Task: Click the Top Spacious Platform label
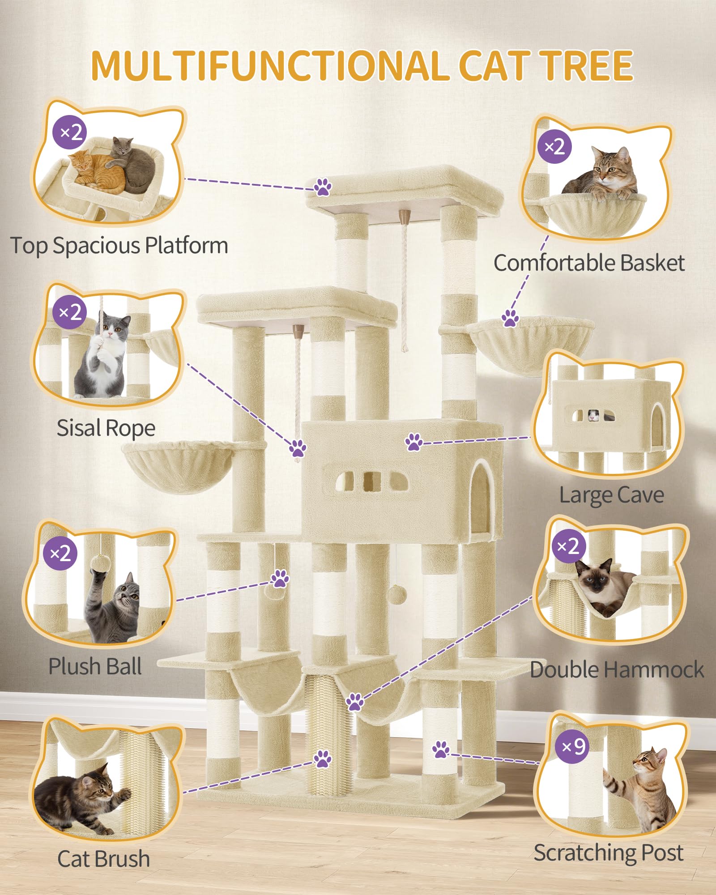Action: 119,246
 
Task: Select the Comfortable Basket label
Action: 589,263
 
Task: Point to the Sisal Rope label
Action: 106,428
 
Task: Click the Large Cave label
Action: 612,495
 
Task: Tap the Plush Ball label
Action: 95,666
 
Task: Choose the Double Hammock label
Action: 617,670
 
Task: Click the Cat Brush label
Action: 103,859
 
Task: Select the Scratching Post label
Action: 609,853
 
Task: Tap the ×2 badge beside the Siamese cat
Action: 569,546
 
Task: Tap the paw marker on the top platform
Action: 322,187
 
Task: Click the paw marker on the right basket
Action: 510,318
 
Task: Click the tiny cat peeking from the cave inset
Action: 593,416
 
